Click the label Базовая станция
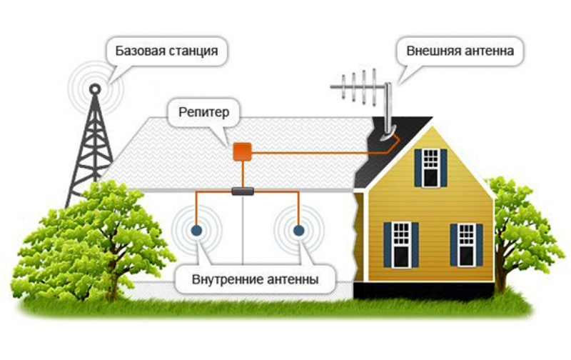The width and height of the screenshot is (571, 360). point(162,52)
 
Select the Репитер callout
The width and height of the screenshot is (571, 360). point(203,113)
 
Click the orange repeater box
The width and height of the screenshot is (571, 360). point(241,151)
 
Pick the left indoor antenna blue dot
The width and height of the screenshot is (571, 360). point(195,231)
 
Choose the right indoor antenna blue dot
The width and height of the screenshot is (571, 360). point(298,231)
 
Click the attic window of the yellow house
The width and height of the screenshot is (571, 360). point(430,168)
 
